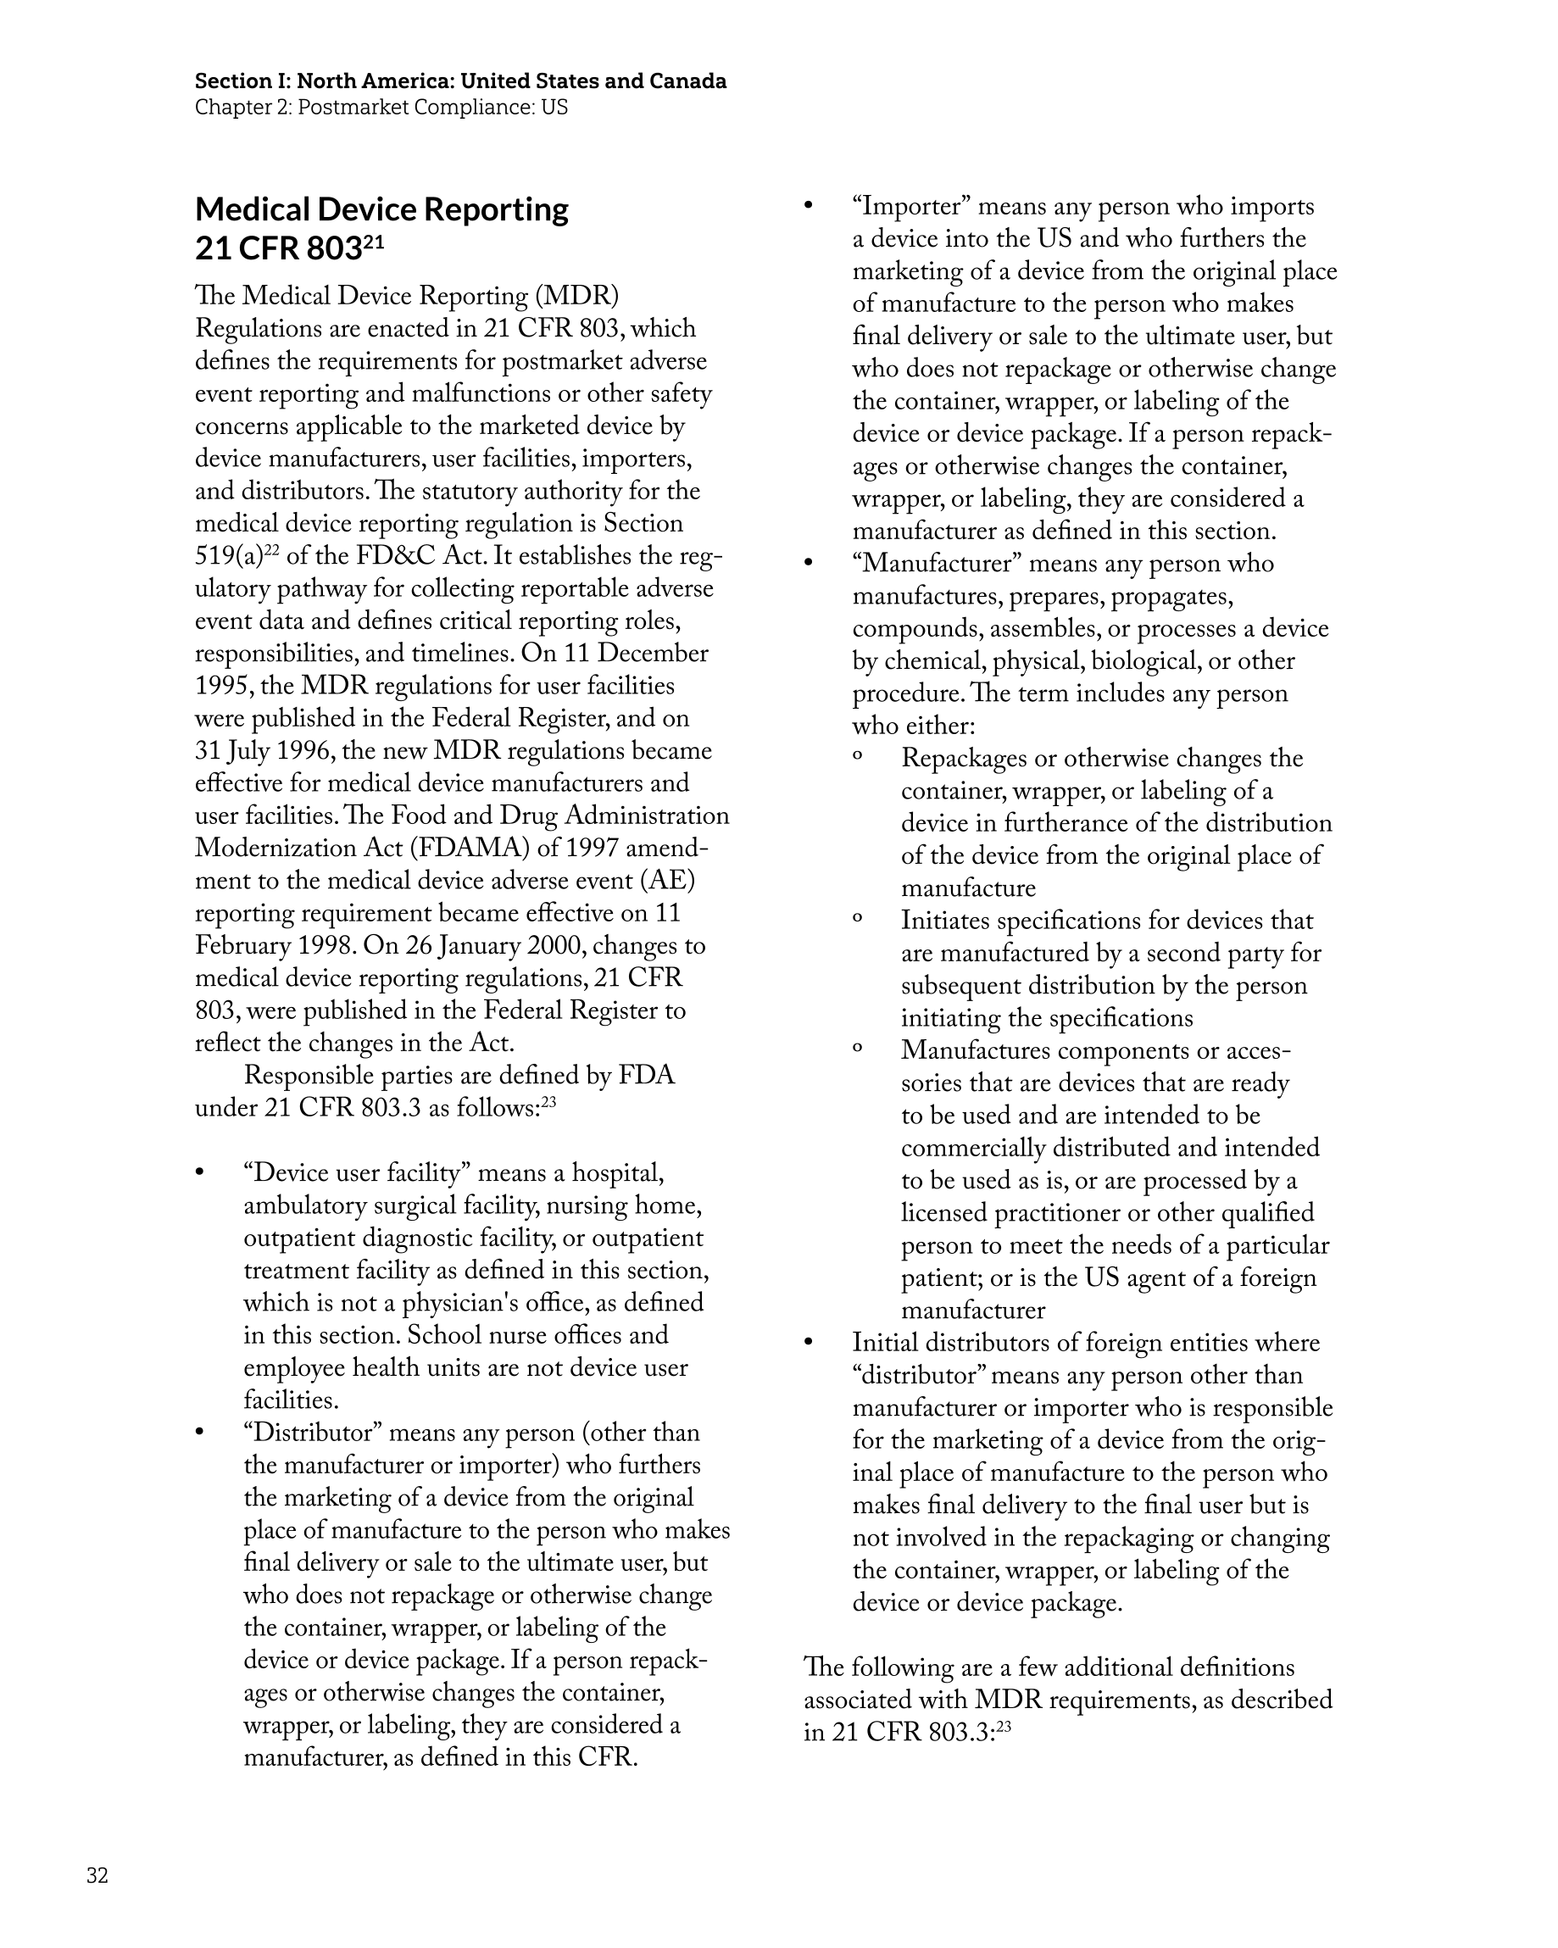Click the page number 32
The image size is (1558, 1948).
click(x=97, y=1876)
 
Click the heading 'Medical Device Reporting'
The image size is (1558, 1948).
click(x=381, y=209)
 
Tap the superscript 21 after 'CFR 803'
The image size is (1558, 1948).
click(x=373, y=242)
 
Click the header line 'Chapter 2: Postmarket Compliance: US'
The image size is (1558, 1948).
click(x=381, y=108)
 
